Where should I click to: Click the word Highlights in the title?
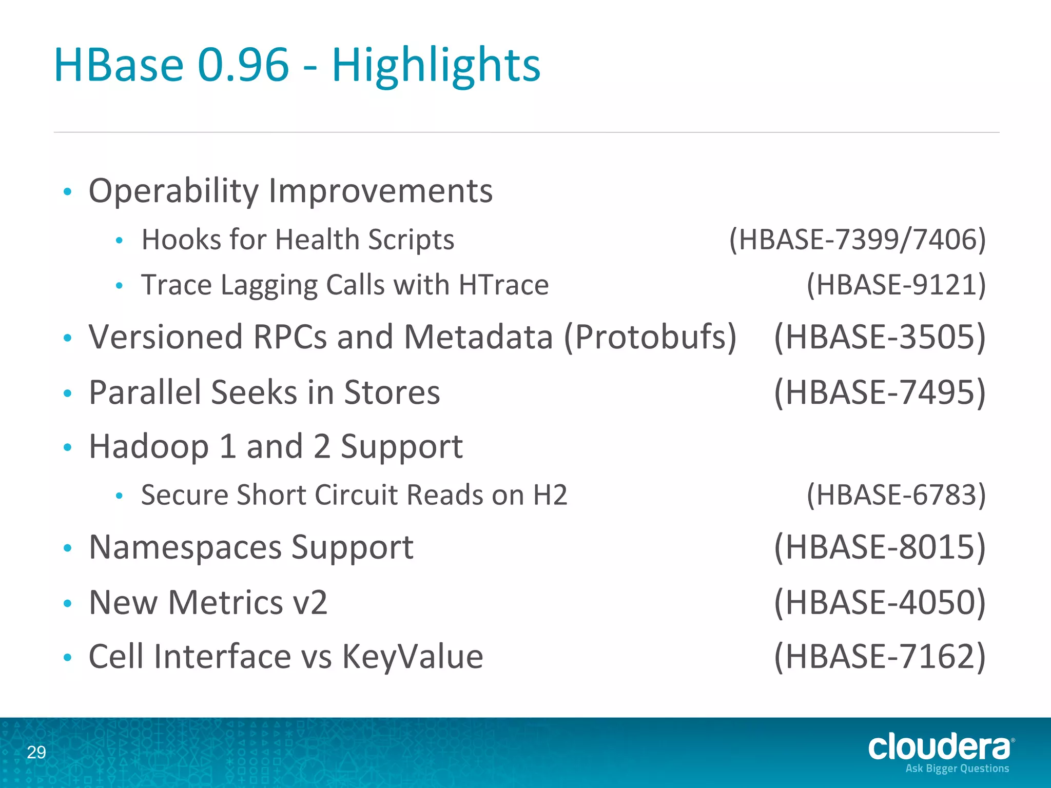(x=436, y=66)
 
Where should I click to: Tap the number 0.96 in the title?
(x=243, y=66)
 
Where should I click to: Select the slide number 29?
(x=36, y=752)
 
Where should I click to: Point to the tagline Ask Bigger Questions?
(x=957, y=769)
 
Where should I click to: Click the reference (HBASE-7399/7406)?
(x=858, y=240)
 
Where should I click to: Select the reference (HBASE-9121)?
(x=896, y=285)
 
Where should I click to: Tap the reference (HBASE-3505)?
(x=880, y=337)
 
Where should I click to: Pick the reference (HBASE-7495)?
(x=880, y=392)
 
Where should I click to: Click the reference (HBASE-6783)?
(x=896, y=495)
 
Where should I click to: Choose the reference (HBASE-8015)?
(x=880, y=547)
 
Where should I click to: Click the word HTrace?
(x=503, y=285)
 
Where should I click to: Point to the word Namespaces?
(x=185, y=547)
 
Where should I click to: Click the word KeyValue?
(x=413, y=657)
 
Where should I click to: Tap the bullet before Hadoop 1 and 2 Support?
(x=67, y=447)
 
